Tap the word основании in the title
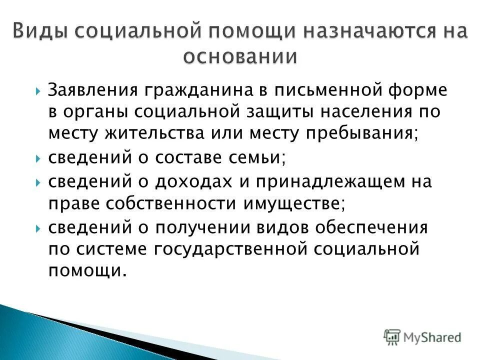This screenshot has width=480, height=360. coord(239,56)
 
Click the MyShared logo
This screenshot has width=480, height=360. coord(422,336)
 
